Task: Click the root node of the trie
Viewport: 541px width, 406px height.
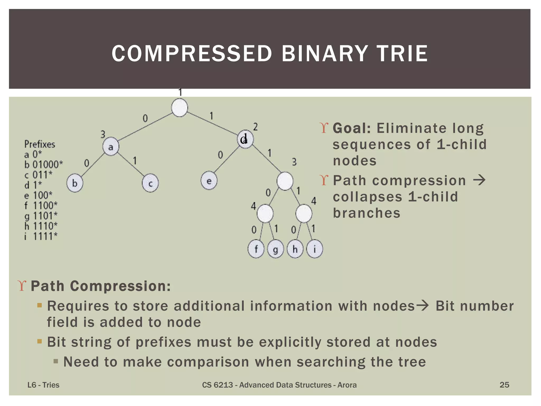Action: tap(180, 108)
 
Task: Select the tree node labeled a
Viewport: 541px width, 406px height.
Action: tap(111, 147)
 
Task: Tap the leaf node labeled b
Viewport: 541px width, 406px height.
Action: tap(75, 183)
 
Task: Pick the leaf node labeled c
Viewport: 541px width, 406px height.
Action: tap(150, 183)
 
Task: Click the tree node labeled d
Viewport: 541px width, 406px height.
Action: tap(245, 139)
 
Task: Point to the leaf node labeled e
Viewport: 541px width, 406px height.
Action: tap(209, 181)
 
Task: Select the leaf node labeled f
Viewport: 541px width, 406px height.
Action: tap(256, 249)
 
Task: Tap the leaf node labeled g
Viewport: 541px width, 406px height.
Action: tap(275, 249)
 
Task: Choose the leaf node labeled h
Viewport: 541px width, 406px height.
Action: tap(295, 249)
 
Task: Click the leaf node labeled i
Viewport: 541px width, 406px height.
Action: tap(314, 249)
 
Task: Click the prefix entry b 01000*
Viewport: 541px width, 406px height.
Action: tap(44, 165)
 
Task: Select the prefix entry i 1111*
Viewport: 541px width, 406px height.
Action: tap(41, 236)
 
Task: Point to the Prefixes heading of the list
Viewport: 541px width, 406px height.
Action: tap(40, 144)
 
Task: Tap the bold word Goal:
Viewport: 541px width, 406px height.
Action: tap(352, 128)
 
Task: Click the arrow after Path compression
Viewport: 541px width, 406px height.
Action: tap(479, 180)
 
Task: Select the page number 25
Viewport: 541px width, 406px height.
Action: tap(504, 385)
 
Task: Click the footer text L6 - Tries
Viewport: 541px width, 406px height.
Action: tap(43, 385)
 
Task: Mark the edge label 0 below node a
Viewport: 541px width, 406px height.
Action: tap(87, 163)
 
